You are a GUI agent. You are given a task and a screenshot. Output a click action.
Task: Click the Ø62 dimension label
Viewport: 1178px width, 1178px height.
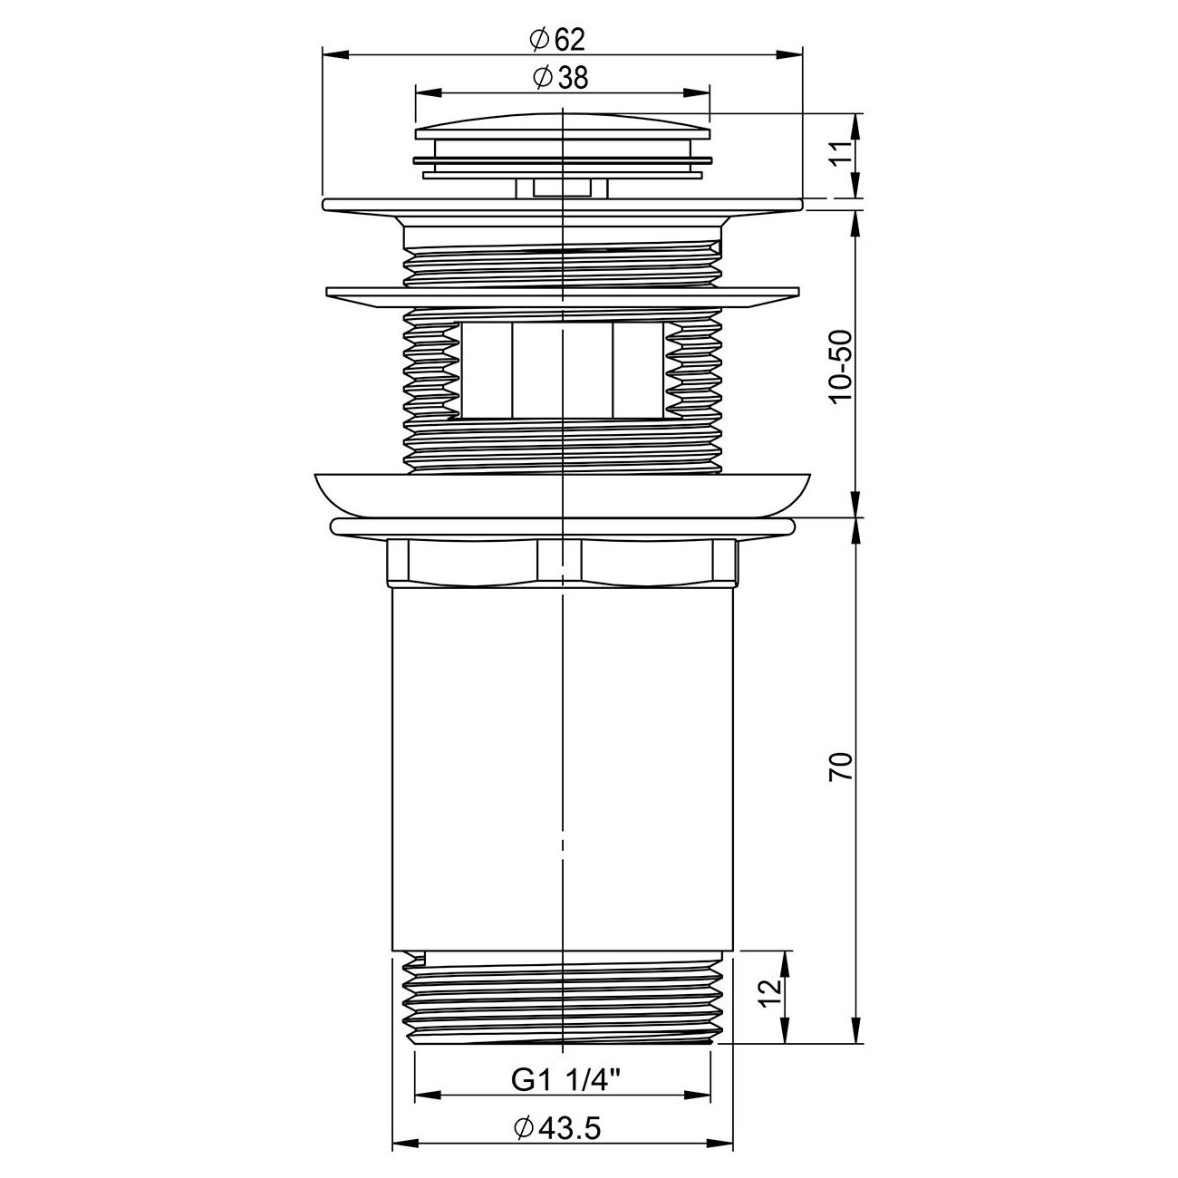(x=555, y=40)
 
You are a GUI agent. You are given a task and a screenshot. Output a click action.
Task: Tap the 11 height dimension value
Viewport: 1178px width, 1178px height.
(x=844, y=154)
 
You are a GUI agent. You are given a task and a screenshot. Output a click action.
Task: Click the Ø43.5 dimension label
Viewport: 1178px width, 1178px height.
(x=556, y=1127)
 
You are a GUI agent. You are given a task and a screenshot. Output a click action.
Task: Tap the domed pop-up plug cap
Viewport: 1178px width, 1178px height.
(x=562, y=128)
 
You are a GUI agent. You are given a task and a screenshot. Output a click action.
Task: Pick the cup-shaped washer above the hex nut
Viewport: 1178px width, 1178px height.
(x=562, y=494)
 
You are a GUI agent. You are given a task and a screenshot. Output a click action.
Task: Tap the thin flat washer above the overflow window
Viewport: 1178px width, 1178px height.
(x=562, y=296)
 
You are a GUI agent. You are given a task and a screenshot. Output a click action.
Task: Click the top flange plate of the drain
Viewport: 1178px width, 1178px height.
(x=562, y=205)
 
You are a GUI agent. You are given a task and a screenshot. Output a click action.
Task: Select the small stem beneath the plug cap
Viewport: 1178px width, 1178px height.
(x=562, y=188)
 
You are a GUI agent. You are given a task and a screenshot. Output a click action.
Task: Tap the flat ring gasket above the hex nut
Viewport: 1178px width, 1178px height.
(x=562, y=527)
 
